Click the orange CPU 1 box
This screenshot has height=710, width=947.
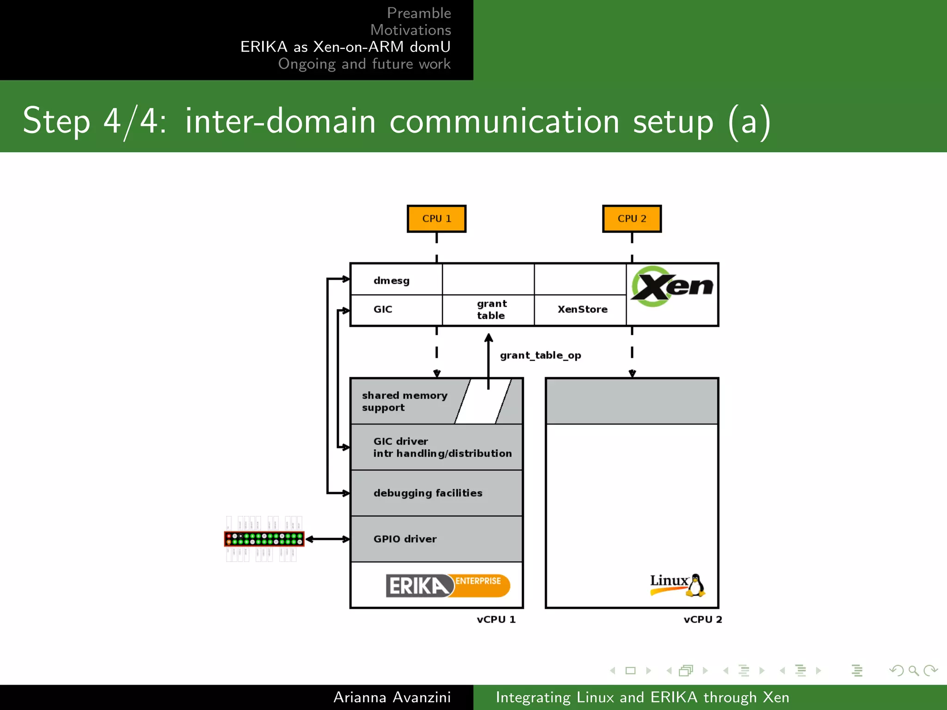[x=436, y=219]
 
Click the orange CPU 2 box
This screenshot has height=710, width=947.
[x=632, y=219]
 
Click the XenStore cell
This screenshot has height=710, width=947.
[x=582, y=309]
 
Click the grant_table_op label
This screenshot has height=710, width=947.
[x=540, y=355]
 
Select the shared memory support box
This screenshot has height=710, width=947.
[x=405, y=401]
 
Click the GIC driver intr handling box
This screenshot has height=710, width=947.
[x=437, y=447]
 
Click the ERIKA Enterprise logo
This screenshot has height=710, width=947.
[x=447, y=586]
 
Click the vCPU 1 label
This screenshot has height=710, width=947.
[x=496, y=619]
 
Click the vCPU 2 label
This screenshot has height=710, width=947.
[x=702, y=619]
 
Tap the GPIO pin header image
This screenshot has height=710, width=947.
[x=264, y=539]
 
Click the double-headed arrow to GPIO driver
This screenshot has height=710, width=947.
[x=327, y=539]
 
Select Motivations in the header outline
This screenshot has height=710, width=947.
[x=410, y=30]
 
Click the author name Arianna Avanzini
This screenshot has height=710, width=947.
[x=392, y=697]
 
